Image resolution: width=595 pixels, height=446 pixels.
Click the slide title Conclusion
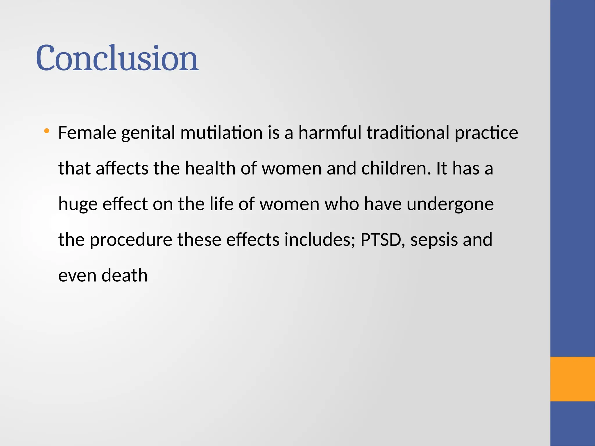pyautogui.click(x=117, y=58)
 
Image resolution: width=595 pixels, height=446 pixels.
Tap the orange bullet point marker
pyautogui.click(x=46, y=131)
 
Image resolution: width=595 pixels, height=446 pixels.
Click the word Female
pyautogui.click(x=87, y=133)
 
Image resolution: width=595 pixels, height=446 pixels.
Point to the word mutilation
pyautogui.click(x=221, y=133)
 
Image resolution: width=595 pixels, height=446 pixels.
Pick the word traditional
pyautogui.click(x=408, y=133)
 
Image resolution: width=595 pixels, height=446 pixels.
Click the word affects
pyautogui.click(x=122, y=168)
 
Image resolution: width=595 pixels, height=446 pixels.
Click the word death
pyautogui.click(x=125, y=276)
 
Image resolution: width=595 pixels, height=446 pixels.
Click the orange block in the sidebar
pyautogui.click(x=572, y=379)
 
